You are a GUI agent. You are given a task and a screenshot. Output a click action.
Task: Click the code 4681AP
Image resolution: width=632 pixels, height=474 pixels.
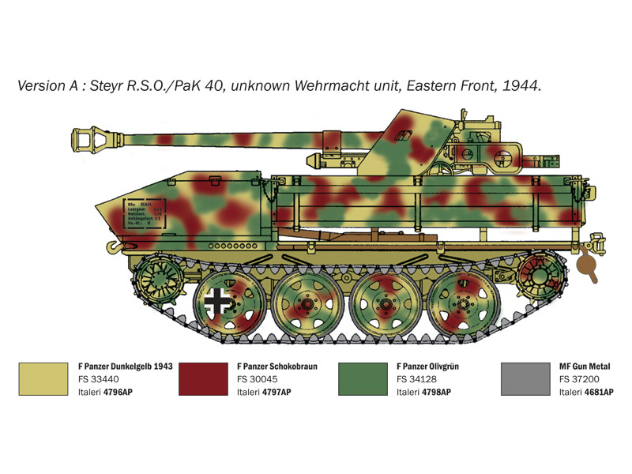[x=597, y=392]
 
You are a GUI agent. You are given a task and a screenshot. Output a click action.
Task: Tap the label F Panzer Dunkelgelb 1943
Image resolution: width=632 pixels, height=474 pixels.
[x=125, y=367]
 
